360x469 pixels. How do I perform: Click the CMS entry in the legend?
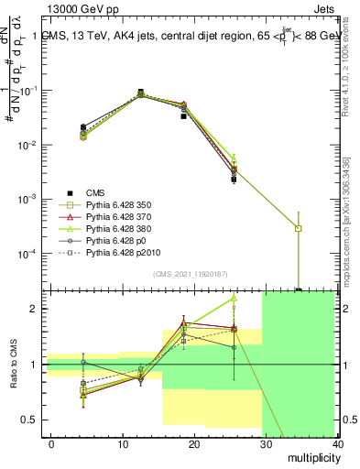coord(96,192)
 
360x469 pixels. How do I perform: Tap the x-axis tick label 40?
coord(338,443)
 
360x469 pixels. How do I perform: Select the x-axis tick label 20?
coord(194,443)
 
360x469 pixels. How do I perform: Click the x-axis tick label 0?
coord(51,443)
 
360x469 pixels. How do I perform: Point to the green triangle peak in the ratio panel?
coord(234,298)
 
